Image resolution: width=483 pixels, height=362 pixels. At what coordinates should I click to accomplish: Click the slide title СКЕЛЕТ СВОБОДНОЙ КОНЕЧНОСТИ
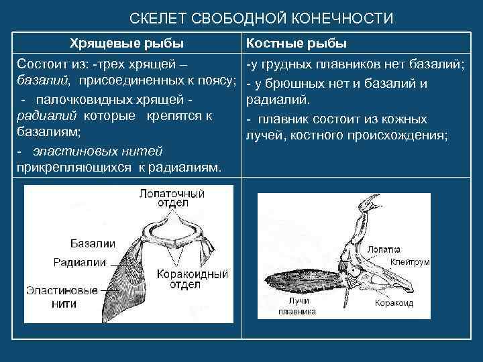tap(261, 18)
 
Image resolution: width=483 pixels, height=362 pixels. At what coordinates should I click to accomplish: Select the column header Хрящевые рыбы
tap(127, 44)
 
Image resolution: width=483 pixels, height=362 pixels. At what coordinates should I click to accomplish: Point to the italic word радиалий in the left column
tap(42, 116)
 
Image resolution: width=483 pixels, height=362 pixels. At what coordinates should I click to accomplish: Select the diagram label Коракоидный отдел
tap(190, 281)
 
